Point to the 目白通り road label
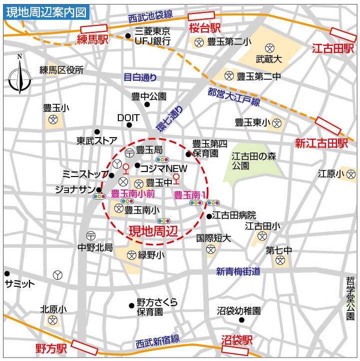(140, 77)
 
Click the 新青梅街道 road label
(238, 272)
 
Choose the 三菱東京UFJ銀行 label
(153, 35)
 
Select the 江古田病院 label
(234, 216)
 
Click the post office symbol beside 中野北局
(91, 235)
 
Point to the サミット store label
(19, 284)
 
